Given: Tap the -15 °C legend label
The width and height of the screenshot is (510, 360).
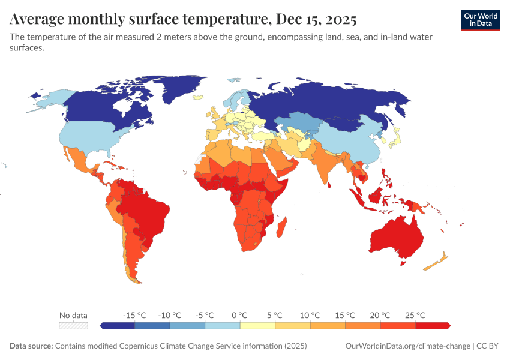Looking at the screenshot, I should [134, 315].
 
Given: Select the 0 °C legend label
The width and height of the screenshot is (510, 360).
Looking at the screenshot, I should [239, 315].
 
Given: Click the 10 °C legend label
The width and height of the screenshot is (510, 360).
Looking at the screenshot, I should [310, 315].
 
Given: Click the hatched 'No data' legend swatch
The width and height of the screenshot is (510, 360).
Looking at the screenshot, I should [73, 326].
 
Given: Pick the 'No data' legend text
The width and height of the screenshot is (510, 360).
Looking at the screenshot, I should [73, 315].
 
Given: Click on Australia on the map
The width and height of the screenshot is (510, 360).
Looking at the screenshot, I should [396, 237].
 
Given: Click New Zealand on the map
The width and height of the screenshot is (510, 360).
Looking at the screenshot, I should [437, 261].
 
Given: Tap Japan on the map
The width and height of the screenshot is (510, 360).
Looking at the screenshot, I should [394, 138].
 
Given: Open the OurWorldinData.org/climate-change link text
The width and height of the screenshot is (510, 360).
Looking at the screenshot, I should [408, 346].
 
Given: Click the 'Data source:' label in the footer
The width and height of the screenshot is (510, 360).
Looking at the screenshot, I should [31, 346].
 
